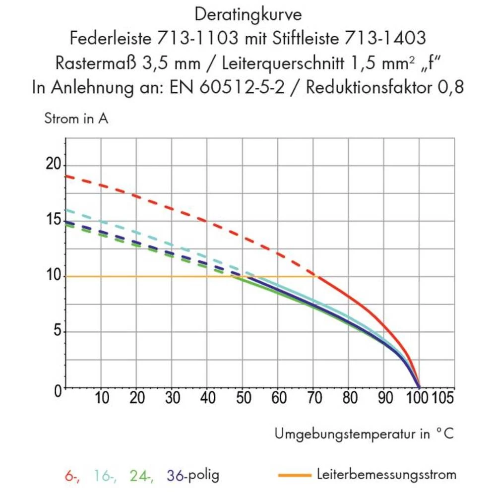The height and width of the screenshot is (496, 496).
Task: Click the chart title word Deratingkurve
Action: coord(248,15)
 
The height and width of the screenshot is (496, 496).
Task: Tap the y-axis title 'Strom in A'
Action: coord(76,119)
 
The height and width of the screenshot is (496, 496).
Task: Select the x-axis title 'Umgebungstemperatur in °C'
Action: coord(364,434)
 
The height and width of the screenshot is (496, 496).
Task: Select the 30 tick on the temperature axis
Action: coord(172,398)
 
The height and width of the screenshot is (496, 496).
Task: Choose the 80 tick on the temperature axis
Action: coord(348,398)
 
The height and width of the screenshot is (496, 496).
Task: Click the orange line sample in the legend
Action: coord(295,475)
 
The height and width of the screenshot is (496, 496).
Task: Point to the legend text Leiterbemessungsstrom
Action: coord(386,475)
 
